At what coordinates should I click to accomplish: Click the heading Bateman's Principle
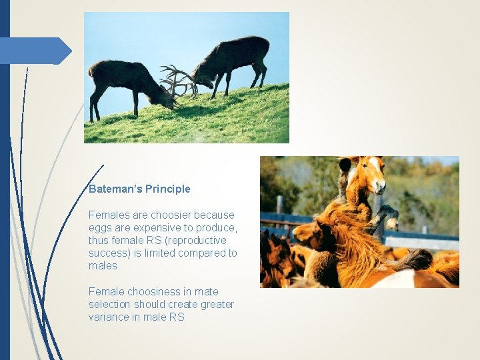coord(139,189)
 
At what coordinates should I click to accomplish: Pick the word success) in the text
coord(109,253)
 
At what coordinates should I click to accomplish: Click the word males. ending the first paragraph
coord(104,266)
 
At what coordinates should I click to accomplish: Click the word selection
coord(110,305)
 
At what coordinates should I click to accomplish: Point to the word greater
coord(216,305)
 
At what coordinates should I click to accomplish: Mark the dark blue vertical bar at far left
coord(5,200)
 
